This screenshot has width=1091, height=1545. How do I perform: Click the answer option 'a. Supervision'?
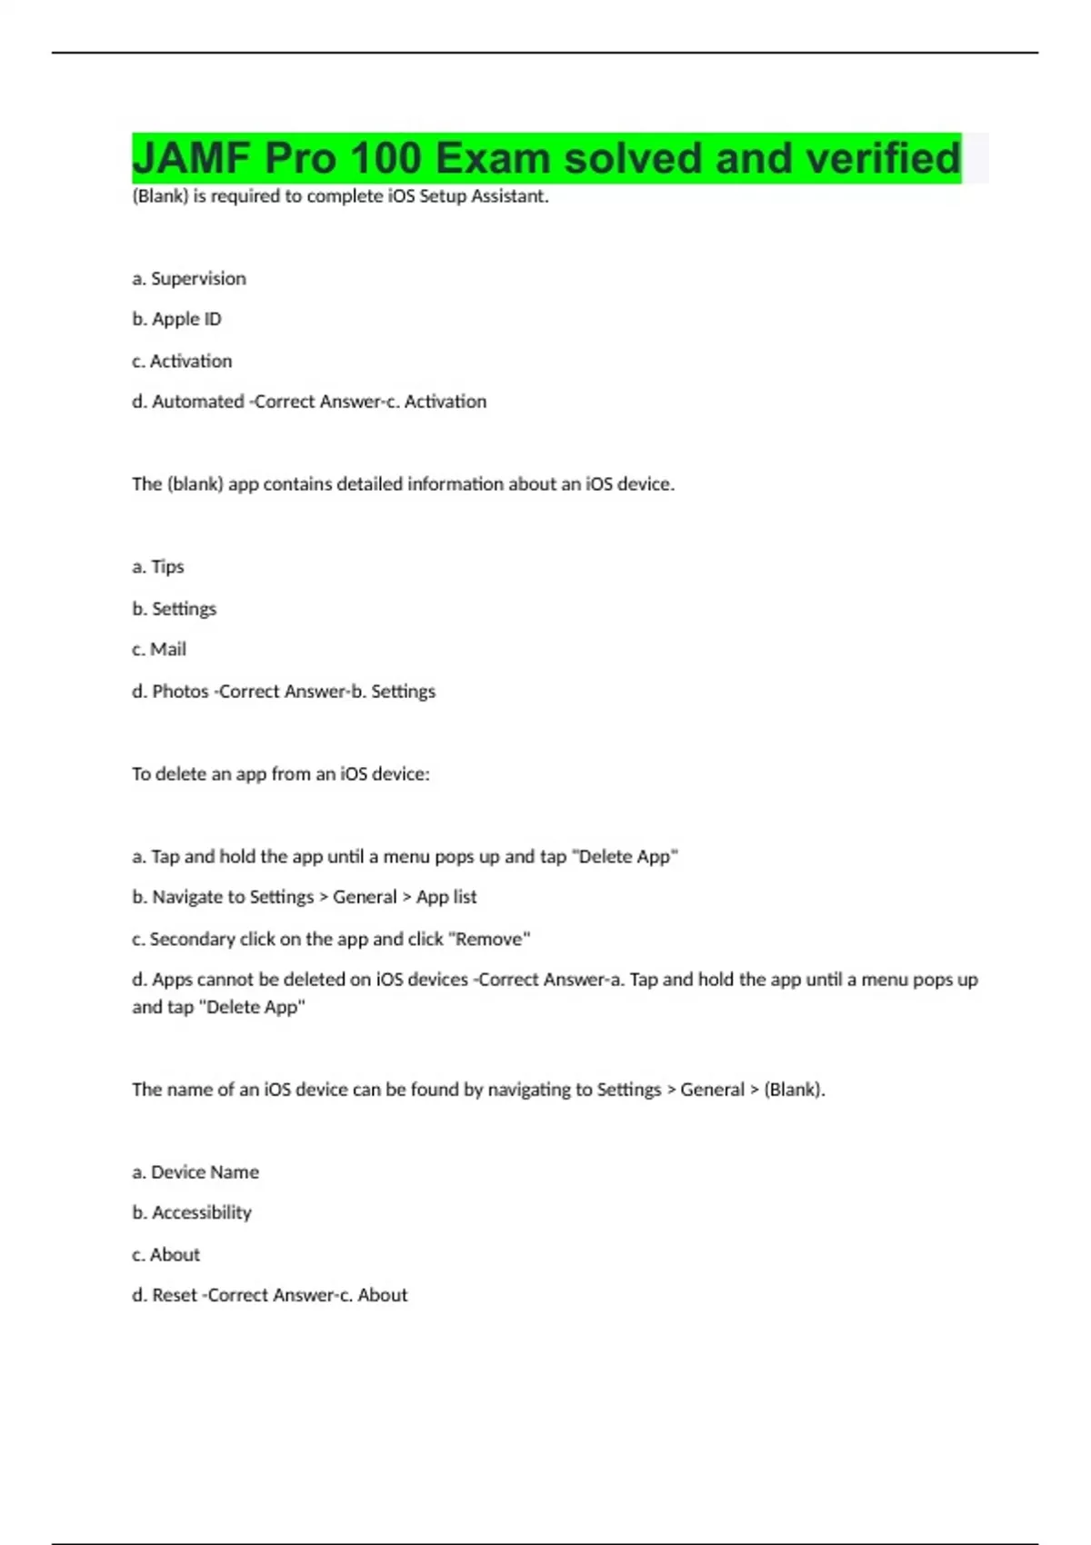(189, 278)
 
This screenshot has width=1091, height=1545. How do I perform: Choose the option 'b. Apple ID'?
(176, 319)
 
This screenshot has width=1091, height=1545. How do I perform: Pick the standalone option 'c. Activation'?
(182, 361)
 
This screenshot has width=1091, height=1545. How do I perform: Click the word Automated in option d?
(197, 402)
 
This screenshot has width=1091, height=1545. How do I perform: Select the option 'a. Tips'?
(158, 567)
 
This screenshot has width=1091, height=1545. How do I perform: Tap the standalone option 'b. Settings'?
(175, 609)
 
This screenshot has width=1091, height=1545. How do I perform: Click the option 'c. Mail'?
(159, 650)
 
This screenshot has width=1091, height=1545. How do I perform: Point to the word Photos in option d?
(180, 692)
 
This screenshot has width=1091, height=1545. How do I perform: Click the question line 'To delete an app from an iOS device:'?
(281, 774)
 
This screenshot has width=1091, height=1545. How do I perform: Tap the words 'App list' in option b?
(446, 897)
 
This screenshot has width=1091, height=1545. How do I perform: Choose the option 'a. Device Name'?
(195, 1172)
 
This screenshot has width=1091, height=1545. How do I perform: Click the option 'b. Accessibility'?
(192, 1212)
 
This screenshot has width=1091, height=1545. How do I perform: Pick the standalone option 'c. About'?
(165, 1254)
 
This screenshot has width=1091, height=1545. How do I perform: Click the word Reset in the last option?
(175, 1295)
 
